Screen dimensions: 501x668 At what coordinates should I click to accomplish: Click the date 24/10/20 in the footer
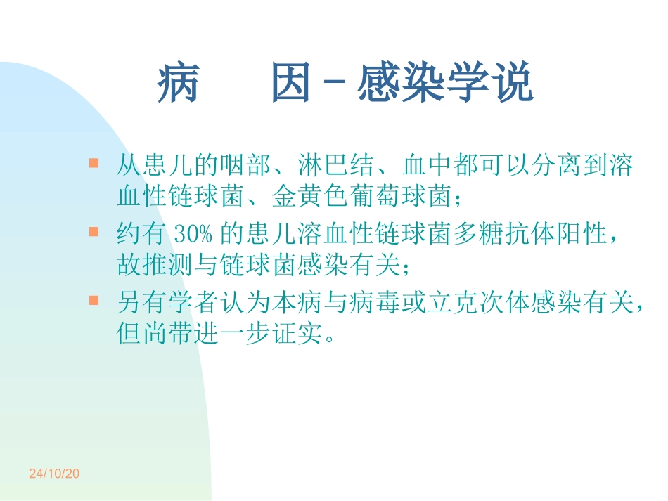54,474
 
